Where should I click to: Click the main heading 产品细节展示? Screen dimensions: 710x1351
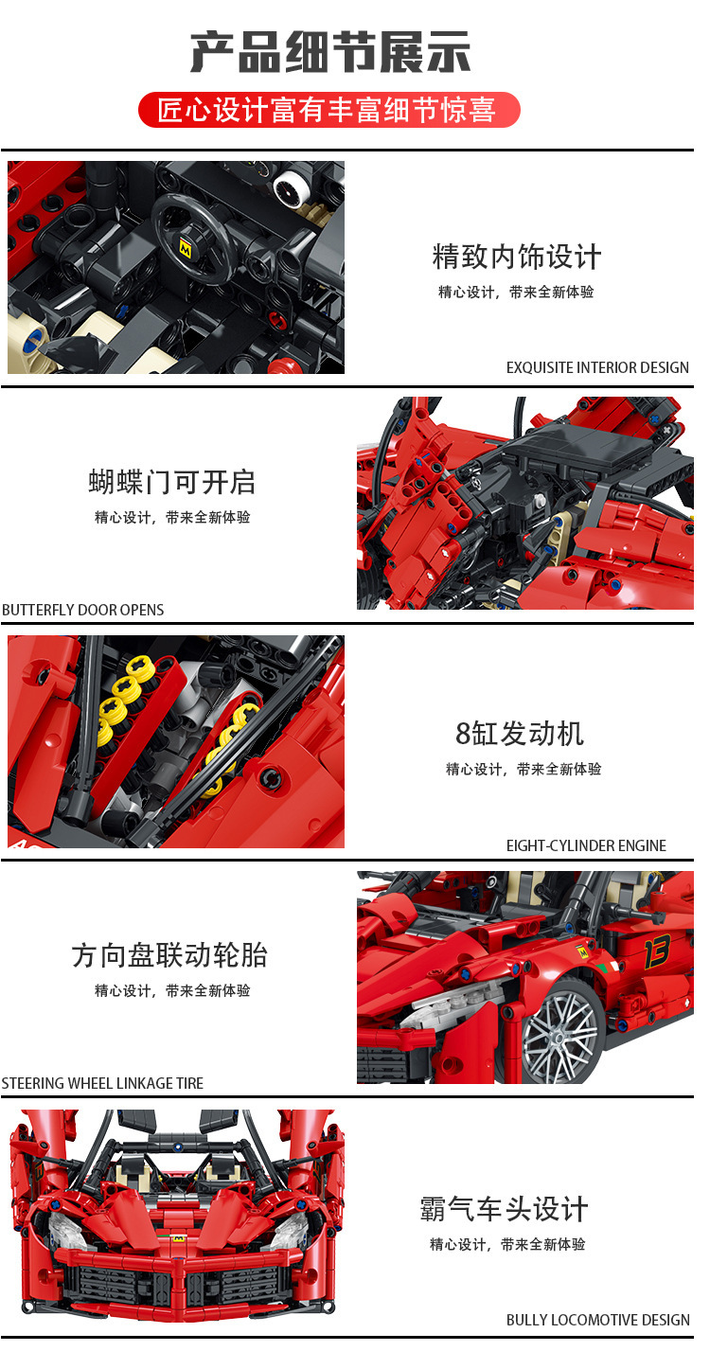click(x=330, y=53)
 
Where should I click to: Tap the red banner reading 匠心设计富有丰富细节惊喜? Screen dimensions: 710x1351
click(x=328, y=110)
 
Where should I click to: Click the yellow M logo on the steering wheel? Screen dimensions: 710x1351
click(x=185, y=247)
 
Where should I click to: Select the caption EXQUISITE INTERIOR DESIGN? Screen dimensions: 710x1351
click(x=597, y=367)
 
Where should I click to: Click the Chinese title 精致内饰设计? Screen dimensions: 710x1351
click(x=516, y=257)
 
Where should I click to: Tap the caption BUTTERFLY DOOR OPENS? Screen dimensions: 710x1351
click(x=82, y=610)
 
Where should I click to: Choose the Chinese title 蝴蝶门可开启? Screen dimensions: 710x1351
click(x=172, y=482)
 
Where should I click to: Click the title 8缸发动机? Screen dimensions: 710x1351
click(x=520, y=734)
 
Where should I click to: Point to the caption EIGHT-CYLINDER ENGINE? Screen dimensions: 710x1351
click(x=586, y=845)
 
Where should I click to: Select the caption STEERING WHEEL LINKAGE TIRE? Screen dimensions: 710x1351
click(x=102, y=1083)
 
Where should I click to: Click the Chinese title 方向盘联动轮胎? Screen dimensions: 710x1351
click(x=169, y=955)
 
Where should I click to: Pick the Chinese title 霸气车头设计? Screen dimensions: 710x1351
click(x=504, y=1209)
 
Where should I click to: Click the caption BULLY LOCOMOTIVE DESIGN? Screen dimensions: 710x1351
click(x=597, y=1320)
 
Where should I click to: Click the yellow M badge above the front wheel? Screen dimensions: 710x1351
click(x=583, y=952)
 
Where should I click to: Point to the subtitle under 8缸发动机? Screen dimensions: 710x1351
click(x=524, y=769)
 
